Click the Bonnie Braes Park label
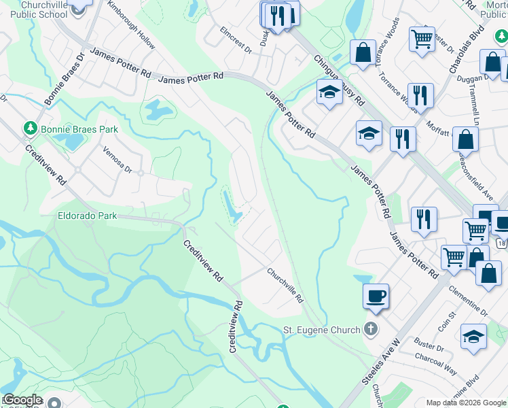79,129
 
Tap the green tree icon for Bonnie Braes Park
30,128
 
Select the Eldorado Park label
86,216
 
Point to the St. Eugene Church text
321,330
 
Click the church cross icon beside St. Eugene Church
370,330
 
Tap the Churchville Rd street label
285,284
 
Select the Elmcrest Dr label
236,40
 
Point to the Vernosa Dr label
116,160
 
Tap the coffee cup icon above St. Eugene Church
376,296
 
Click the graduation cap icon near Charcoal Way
473,336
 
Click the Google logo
22,400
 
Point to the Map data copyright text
466,403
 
